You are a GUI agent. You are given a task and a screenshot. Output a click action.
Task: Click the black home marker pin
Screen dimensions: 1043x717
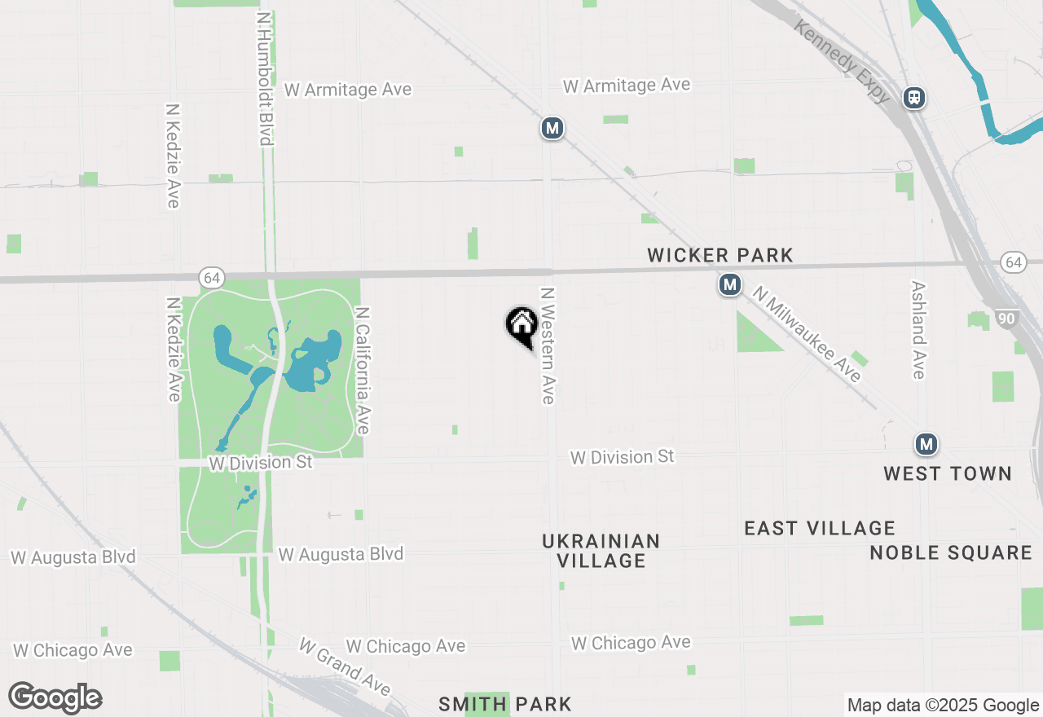point(521,325)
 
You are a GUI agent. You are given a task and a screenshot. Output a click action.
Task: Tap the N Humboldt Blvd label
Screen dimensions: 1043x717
point(263,78)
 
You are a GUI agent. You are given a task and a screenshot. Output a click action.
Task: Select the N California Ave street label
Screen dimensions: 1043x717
point(363,371)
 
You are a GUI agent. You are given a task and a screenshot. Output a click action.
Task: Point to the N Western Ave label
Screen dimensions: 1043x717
point(548,345)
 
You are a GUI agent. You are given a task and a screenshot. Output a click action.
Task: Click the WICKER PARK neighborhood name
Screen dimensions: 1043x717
point(720,255)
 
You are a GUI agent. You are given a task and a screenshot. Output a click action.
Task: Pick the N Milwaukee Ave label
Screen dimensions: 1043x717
point(806,333)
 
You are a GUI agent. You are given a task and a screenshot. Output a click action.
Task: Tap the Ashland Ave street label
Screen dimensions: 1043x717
point(918,330)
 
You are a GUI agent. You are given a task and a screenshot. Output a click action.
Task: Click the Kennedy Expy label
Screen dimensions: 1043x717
point(843,62)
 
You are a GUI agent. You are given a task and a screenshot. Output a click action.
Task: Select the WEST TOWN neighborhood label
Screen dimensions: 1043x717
point(947,473)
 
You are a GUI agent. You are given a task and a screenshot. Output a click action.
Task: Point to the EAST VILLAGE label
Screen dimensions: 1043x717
point(819,528)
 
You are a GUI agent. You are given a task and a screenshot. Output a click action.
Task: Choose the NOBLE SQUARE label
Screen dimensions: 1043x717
point(951,552)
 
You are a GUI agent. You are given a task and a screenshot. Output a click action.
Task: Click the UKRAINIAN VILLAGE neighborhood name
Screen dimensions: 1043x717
point(601,551)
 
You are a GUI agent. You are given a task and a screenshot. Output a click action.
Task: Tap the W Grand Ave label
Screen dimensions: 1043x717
point(345,666)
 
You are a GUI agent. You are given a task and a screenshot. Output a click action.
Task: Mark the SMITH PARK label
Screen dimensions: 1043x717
point(505,703)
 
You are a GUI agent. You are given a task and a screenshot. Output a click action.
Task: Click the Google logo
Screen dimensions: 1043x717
point(55,698)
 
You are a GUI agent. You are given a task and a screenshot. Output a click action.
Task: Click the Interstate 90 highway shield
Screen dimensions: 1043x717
point(1007,319)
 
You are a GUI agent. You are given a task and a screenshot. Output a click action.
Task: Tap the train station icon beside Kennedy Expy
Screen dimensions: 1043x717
point(914,98)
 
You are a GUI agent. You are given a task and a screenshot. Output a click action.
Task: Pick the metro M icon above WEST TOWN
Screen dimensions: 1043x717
point(926,444)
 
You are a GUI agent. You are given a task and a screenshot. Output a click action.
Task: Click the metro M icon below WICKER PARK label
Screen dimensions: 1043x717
point(729,285)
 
